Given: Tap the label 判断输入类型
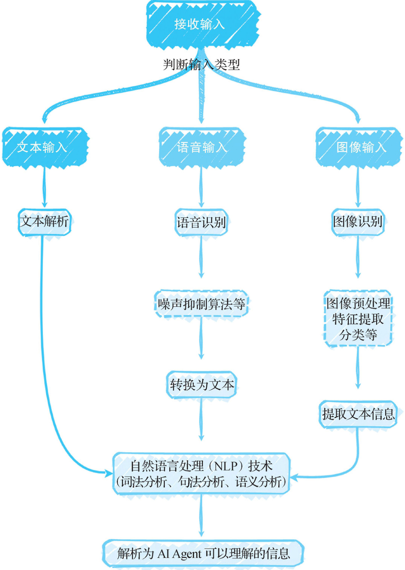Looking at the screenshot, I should [201, 64].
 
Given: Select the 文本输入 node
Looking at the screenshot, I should [44, 147].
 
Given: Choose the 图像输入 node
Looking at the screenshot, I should [358, 147].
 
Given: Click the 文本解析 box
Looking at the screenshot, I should [44, 222].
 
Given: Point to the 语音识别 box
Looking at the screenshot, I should [201, 222].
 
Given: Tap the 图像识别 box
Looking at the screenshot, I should [358, 222].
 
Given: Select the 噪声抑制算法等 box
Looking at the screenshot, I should [201, 303].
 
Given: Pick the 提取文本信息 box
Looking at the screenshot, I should [358, 414].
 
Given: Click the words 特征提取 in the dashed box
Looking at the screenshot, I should [358, 319].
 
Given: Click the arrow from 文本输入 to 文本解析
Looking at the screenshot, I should [44, 186].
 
